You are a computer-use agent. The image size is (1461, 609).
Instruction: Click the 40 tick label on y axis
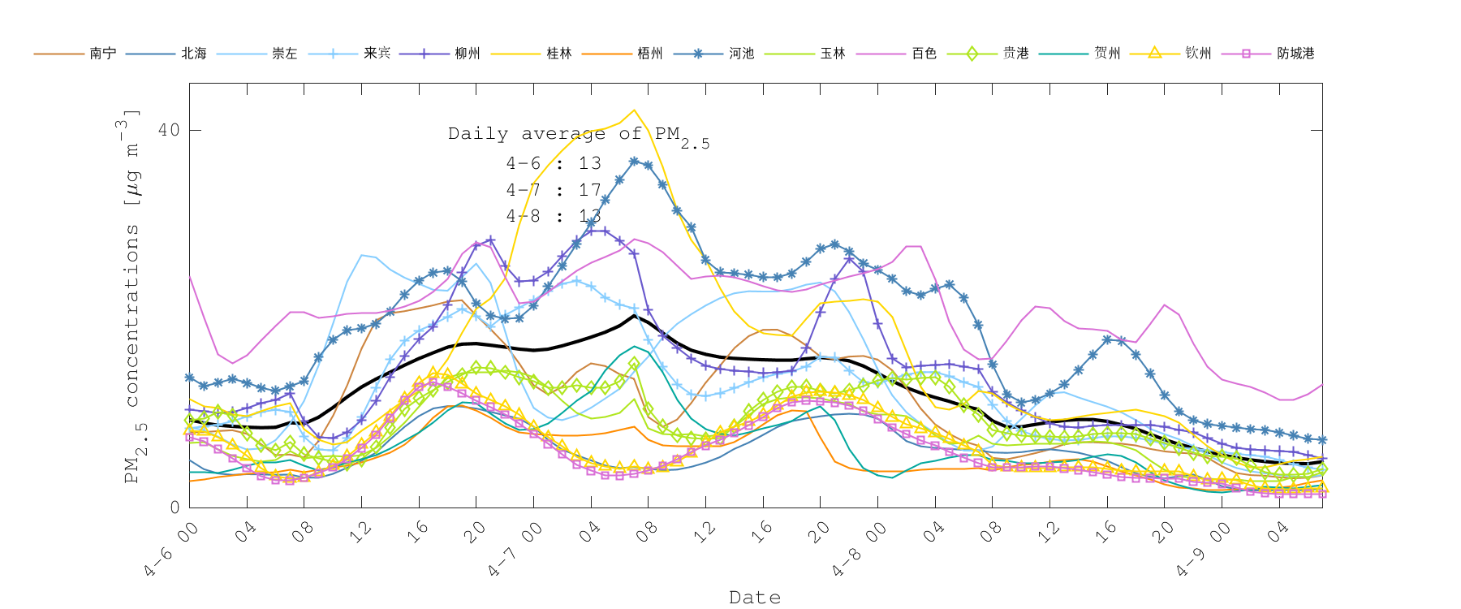coord(169,130)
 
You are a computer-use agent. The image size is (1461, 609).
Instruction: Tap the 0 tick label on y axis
coord(175,508)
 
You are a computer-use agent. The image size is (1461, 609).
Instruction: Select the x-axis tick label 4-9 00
coord(1204,551)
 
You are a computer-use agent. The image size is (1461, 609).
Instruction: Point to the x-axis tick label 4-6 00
coord(171,551)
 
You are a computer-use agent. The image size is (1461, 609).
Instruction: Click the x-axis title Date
coord(755,598)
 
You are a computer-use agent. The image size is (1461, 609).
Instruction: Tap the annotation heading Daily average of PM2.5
coord(578,135)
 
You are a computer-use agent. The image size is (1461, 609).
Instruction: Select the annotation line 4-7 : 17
coord(554,190)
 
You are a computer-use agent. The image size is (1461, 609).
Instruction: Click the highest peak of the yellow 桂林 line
coord(634,110)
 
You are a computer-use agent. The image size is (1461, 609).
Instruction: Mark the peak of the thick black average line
coord(634,315)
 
